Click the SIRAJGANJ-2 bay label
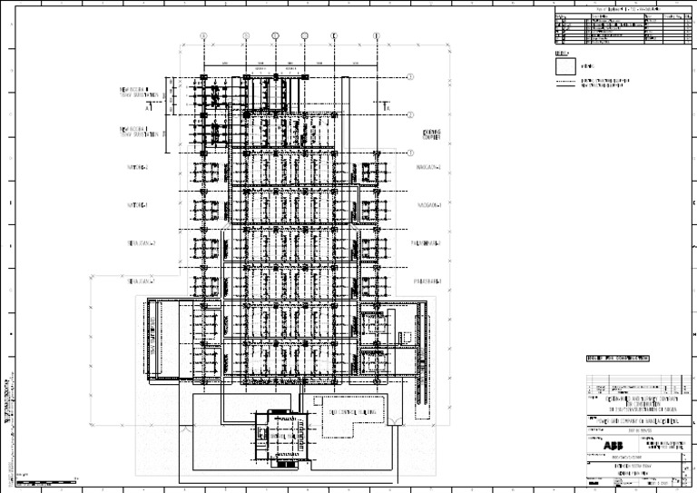point(142,243)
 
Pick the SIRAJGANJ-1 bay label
point(142,281)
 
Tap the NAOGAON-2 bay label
point(428,168)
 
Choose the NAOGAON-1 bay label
point(428,205)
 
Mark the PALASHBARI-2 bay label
point(427,243)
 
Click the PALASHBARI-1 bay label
point(427,281)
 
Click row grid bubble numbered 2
point(410,115)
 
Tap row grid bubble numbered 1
point(410,77)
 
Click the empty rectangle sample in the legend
point(565,65)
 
